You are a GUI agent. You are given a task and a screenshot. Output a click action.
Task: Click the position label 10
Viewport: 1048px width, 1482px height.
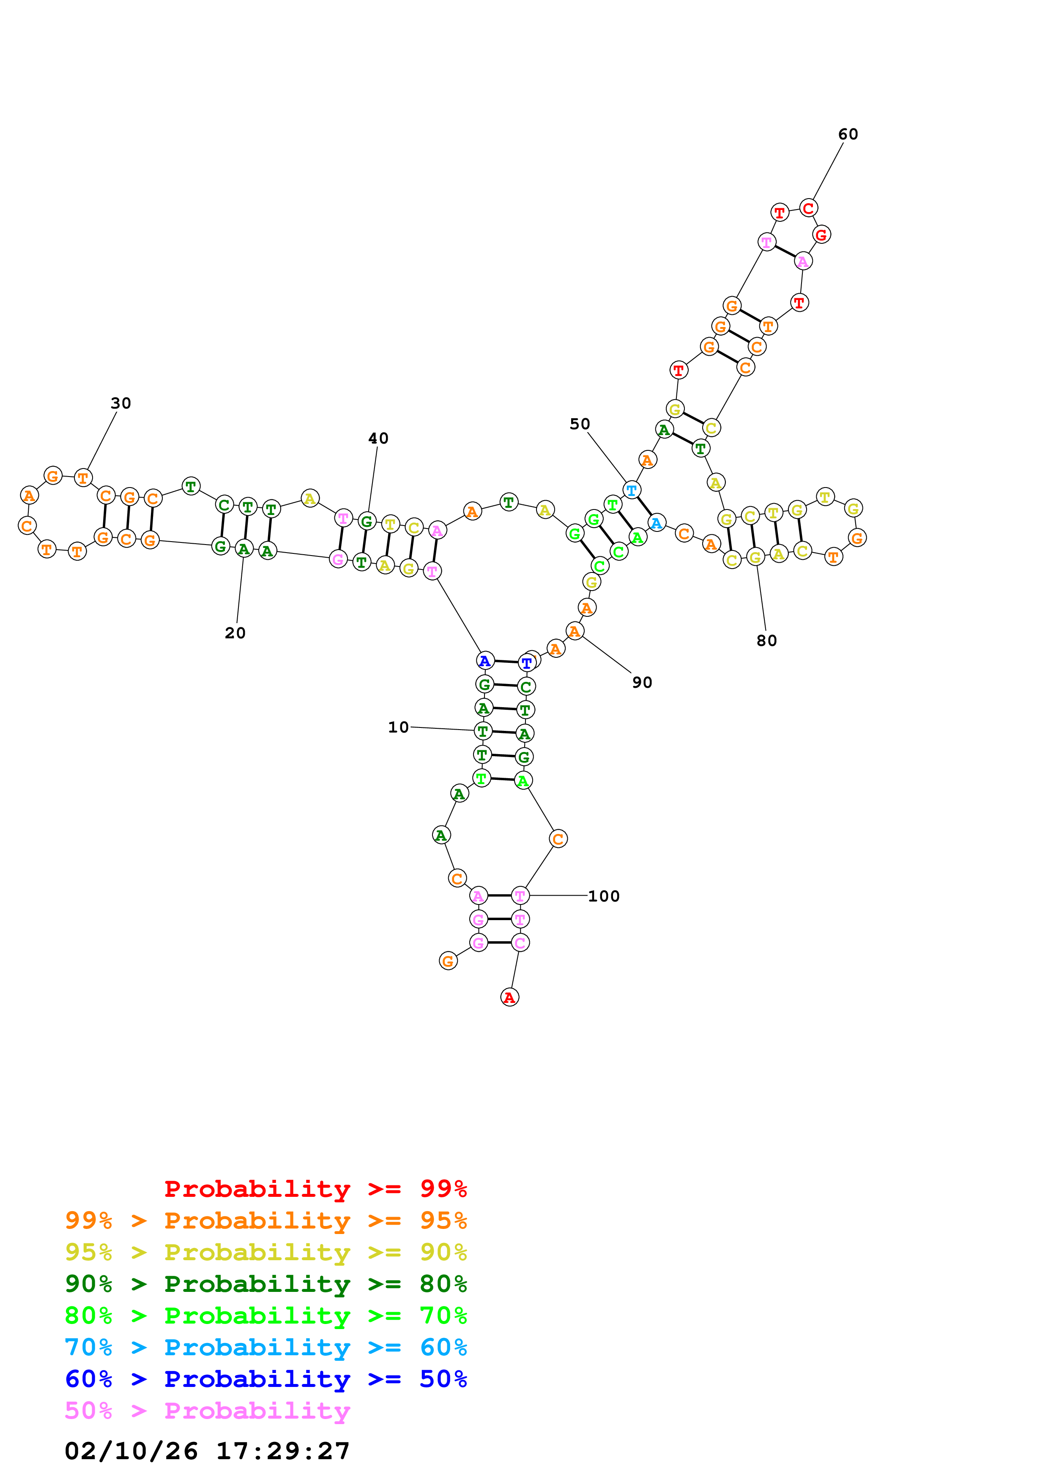[398, 727]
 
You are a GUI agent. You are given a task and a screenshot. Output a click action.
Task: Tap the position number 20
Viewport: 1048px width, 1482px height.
[235, 633]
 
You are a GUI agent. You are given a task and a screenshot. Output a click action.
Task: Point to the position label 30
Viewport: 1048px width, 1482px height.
[121, 403]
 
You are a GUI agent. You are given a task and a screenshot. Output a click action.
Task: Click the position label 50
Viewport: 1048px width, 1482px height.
[579, 424]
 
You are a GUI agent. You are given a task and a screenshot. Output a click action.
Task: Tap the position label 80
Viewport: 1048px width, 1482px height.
[766, 641]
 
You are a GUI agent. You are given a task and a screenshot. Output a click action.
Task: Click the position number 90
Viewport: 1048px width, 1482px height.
[642, 683]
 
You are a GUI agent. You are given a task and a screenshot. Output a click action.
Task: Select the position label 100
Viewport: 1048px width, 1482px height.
[603, 896]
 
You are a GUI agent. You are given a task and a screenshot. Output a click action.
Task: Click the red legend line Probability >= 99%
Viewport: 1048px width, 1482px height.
[315, 1189]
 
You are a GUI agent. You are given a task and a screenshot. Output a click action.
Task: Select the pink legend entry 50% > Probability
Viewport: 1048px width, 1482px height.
[207, 1410]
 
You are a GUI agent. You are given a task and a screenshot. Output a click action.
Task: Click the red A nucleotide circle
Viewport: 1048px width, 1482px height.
[509, 997]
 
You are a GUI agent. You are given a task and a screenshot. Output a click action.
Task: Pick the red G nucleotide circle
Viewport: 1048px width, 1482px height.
[821, 235]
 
